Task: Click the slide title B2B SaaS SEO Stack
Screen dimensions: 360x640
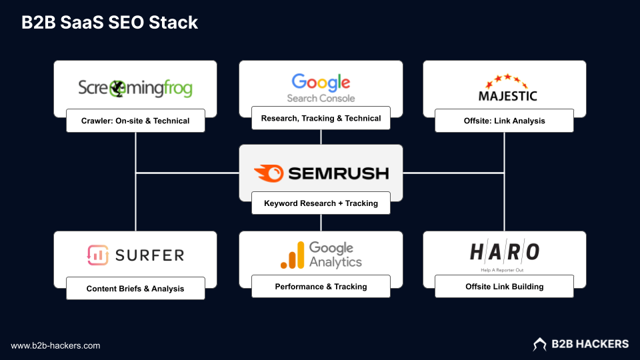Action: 110,22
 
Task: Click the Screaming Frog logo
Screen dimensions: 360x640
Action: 135,87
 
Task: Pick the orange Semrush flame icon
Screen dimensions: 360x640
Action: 268,173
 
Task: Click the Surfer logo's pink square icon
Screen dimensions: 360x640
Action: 98,255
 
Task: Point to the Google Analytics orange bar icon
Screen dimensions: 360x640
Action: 292,255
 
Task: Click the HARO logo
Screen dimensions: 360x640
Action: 505,252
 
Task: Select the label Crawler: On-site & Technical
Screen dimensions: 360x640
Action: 135,121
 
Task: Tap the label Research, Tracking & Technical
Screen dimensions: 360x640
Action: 321,118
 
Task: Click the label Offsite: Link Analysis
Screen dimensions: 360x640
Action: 504,121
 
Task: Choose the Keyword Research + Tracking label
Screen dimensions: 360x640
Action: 321,203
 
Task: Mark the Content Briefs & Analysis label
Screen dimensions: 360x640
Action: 135,289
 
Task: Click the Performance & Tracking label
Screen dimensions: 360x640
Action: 321,286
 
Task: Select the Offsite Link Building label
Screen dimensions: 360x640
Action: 504,286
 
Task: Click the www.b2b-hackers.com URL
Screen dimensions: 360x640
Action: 55,345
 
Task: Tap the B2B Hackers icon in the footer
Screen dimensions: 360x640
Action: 539,344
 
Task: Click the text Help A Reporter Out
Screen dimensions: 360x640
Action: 505,270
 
